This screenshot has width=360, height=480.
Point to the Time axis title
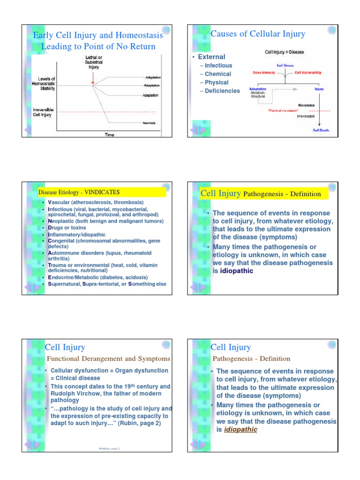pos(109,135)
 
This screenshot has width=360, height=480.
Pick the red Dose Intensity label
pos(261,73)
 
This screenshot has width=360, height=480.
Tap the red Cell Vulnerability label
pos(308,73)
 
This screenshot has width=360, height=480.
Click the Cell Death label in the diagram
pos(321,130)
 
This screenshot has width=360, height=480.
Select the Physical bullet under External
pos(217,82)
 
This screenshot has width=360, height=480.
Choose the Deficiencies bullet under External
pos(222,91)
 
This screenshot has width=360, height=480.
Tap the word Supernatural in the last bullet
pos(64,284)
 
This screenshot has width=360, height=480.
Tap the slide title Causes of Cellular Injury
pos(258,34)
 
